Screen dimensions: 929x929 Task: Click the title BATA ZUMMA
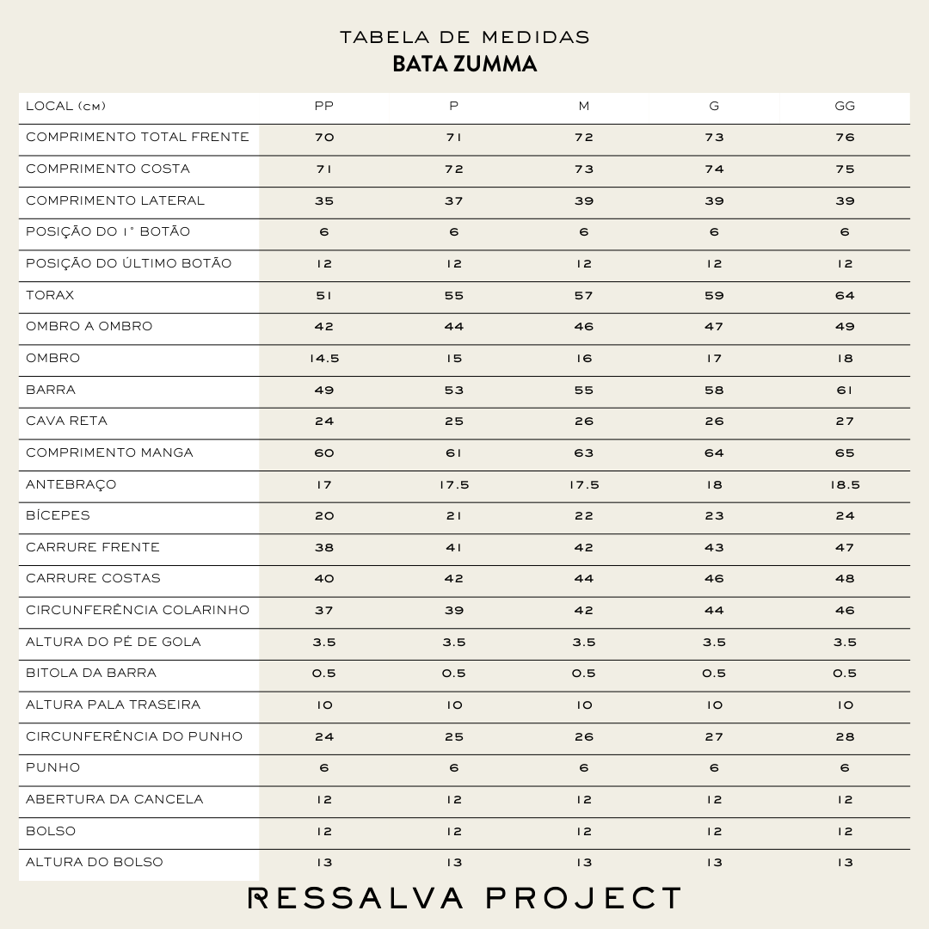[464, 65]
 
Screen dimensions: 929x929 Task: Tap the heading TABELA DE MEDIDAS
[464, 37]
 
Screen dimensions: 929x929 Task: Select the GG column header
[845, 107]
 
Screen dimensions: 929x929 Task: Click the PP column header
[323, 107]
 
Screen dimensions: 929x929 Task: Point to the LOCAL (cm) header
[65, 107]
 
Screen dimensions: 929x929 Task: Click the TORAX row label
[50, 295]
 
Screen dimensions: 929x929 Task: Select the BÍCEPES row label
[58, 516]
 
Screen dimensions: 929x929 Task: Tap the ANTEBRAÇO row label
[71, 484]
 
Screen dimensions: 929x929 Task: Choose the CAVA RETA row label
[66, 421]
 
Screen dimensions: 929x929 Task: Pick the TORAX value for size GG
[845, 296]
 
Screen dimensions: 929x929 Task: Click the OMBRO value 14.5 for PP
[323, 359]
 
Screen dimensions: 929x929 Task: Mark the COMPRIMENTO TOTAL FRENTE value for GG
[845, 138]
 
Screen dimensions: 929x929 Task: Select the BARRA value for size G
[714, 391]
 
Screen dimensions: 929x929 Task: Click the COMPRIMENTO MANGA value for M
[584, 453]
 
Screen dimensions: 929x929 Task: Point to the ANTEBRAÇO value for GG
[845, 485]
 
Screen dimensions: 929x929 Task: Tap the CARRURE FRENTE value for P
[454, 548]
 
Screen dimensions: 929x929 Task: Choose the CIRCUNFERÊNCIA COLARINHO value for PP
[323, 611]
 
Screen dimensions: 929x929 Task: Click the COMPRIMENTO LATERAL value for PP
[323, 201]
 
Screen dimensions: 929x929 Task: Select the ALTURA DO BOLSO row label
[94, 863]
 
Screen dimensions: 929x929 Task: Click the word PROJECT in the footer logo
[584, 899]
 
